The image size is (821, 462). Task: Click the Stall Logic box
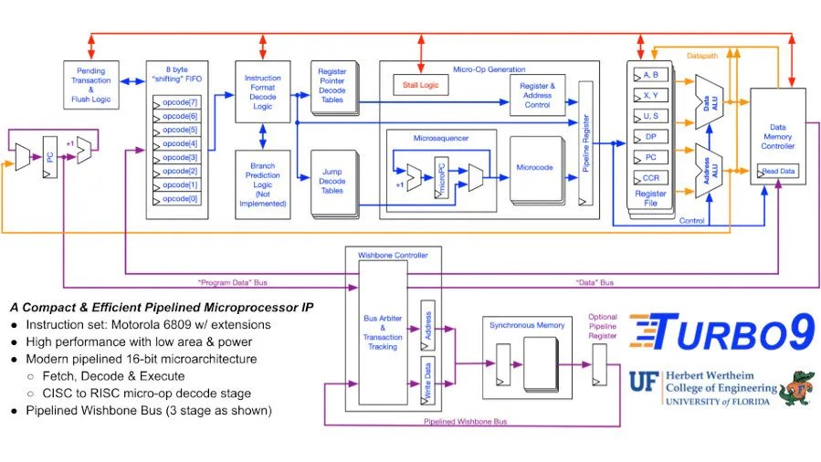[x=421, y=85]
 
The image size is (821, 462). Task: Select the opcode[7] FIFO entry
[x=176, y=102]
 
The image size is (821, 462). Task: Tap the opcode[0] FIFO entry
[x=176, y=199]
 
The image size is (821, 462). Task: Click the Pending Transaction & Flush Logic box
[x=91, y=85]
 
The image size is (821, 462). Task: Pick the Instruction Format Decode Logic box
[x=262, y=91]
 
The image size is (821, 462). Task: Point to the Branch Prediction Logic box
[x=262, y=184]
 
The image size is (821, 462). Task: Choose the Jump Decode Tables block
[x=334, y=183]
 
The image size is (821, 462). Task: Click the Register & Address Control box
[x=537, y=95]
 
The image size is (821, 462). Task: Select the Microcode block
[x=536, y=170]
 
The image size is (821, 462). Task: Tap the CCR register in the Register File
[x=651, y=177]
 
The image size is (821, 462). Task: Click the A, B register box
[x=651, y=75]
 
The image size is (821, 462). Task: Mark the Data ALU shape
[x=709, y=102]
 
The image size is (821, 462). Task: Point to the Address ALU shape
[x=709, y=171]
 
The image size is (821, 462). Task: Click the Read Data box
[x=778, y=171]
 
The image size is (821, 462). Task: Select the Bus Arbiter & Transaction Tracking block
[x=383, y=332]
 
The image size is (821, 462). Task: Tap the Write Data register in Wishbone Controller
[x=427, y=381]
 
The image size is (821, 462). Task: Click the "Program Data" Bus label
[x=233, y=282]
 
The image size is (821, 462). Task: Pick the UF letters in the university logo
[x=644, y=382]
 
